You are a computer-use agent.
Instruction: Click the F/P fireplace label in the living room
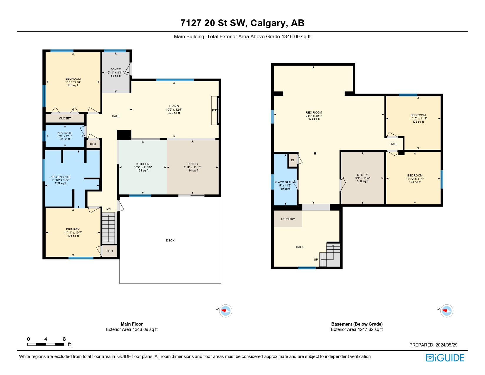click(x=214, y=111)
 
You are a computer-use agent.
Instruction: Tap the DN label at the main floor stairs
click(x=108, y=209)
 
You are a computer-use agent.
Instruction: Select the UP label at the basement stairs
click(x=316, y=260)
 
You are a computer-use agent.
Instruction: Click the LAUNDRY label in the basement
click(x=288, y=219)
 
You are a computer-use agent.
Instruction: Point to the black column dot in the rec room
click(x=315, y=154)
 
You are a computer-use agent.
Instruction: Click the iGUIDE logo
click(x=445, y=358)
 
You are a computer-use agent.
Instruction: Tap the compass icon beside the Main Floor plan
click(x=225, y=311)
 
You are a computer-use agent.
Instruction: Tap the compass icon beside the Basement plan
click(x=446, y=311)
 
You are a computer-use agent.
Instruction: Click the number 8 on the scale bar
click(x=64, y=339)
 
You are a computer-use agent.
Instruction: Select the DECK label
click(x=170, y=241)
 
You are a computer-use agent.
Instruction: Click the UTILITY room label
click(x=362, y=175)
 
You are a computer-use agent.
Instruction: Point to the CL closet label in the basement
click(x=293, y=160)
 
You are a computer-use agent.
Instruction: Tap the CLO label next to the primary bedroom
click(x=110, y=251)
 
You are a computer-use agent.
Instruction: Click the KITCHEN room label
click(x=143, y=164)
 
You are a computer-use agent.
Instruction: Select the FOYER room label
click(x=116, y=69)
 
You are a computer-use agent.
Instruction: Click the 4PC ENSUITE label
click(x=61, y=177)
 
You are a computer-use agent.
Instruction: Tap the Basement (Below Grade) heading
click(x=357, y=324)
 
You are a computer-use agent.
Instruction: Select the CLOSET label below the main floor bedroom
click(x=65, y=119)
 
